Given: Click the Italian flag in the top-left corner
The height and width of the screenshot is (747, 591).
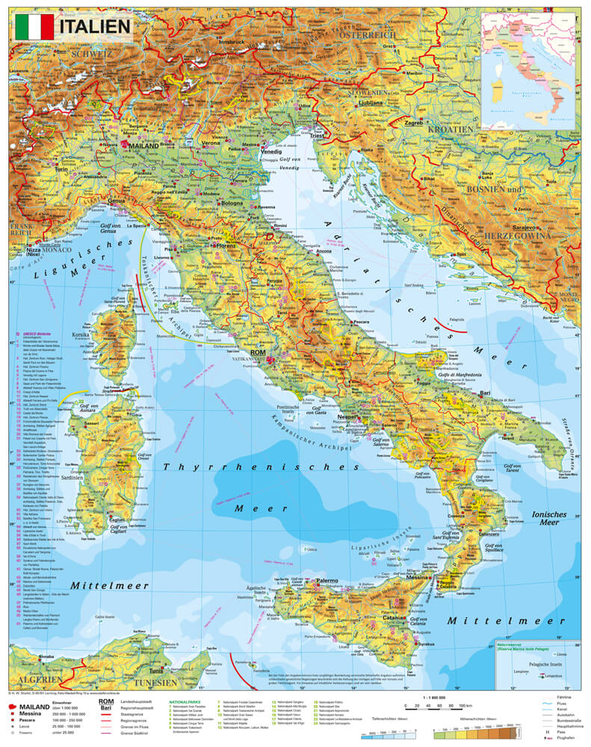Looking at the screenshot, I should (34, 27).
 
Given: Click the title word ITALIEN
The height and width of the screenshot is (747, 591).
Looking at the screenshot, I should (93, 27).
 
